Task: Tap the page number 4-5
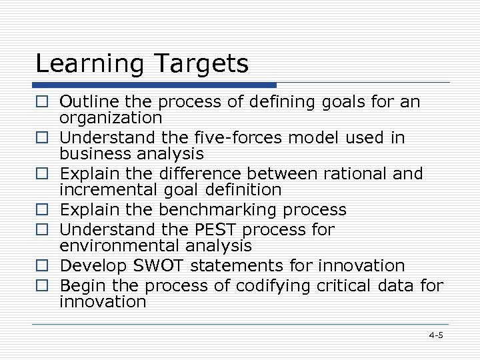click(x=436, y=335)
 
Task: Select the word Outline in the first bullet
click(x=85, y=102)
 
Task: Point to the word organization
click(x=111, y=118)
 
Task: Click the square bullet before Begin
click(x=42, y=287)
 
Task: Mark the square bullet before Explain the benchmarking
click(x=42, y=211)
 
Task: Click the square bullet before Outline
click(x=42, y=103)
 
